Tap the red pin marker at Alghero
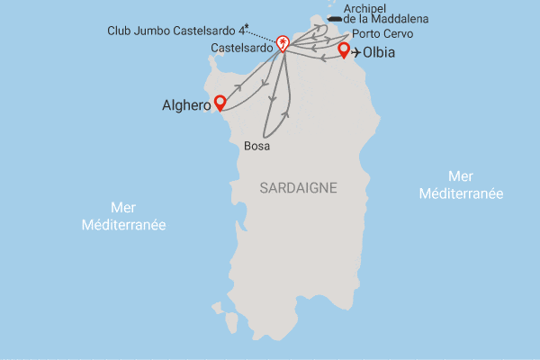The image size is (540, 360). tap(218, 103)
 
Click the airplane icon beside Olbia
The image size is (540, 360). tap(359, 52)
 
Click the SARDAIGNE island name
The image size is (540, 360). tap(298, 187)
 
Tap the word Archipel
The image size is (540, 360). tap(365, 7)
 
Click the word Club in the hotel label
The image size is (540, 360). tap(119, 30)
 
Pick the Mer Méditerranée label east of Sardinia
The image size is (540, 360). tap(462, 185)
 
